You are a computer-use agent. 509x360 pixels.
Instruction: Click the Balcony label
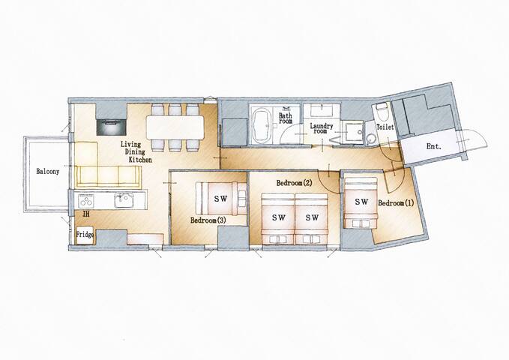coord(48,171)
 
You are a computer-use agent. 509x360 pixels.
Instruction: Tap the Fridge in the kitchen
coord(85,235)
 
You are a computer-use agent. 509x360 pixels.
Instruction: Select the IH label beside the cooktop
coord(86,214)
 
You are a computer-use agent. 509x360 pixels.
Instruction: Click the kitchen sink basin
coord(123,200)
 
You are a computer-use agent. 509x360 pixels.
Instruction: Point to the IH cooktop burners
coord(86,200)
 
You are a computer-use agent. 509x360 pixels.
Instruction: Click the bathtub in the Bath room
coord(262,125)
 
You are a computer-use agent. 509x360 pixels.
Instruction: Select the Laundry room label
coord(322,128)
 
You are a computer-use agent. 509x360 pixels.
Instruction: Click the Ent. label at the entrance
coord(434,146)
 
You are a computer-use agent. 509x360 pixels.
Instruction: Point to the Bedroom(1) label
coord(396,203)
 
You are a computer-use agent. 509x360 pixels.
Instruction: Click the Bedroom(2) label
coord(294,183)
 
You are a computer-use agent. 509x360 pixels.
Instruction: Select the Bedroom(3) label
coord(208,220)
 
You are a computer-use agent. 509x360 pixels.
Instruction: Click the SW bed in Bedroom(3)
coord(221,199)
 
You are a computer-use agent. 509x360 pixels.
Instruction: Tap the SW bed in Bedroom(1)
coord(361,202)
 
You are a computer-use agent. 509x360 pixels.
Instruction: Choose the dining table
coord(175,127)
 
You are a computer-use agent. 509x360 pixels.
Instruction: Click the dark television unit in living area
coord(112,127)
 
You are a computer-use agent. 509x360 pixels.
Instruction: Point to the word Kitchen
coord(140,160)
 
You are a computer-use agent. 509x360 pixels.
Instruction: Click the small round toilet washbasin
coord(370,139)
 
